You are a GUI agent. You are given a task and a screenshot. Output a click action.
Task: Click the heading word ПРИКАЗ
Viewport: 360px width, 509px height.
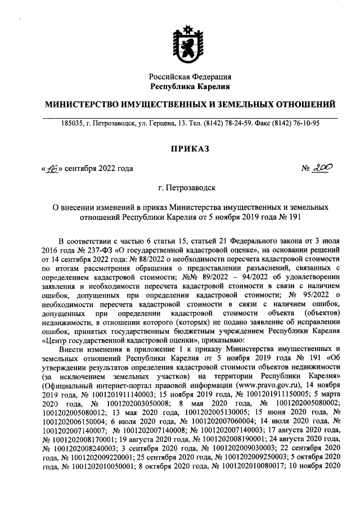tap(190, 148)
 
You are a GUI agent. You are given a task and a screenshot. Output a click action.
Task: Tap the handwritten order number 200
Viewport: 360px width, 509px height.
tap(323, 167)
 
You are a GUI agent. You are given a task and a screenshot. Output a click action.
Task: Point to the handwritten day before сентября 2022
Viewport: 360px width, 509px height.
tap(54, 168)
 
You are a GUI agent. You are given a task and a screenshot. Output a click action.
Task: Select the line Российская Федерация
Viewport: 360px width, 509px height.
tap(190, 76)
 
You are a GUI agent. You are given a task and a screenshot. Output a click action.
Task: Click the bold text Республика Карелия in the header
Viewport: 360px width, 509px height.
tap(190, 86)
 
